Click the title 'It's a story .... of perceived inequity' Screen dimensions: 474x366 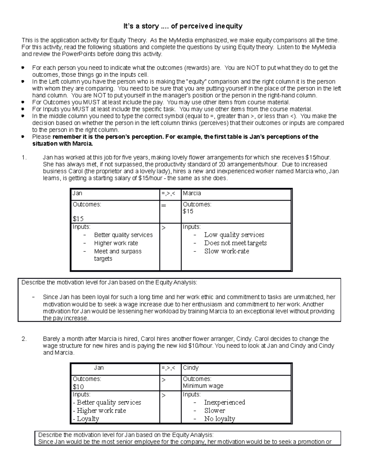coord(183,26)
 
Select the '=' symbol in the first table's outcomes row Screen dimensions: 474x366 coord(164,205)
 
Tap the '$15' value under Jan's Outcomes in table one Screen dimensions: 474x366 coord(78,219)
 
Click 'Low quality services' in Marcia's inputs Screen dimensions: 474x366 coord(234,235)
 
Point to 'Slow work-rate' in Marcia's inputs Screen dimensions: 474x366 coord(226,251)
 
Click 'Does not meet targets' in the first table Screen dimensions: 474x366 coord(235,243)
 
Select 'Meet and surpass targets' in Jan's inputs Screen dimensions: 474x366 coord(117,255)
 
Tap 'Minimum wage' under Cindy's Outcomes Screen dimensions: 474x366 coord(203,386)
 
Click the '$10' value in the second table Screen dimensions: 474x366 coord(78,387)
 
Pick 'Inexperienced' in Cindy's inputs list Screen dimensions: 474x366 coord(224,402)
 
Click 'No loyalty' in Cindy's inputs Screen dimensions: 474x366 coord(220,419)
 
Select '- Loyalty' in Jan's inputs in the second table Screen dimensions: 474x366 coord(86,419)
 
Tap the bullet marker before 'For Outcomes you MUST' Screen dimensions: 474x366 coord(23,102)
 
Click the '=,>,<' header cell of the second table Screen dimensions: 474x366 coord(168,368)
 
